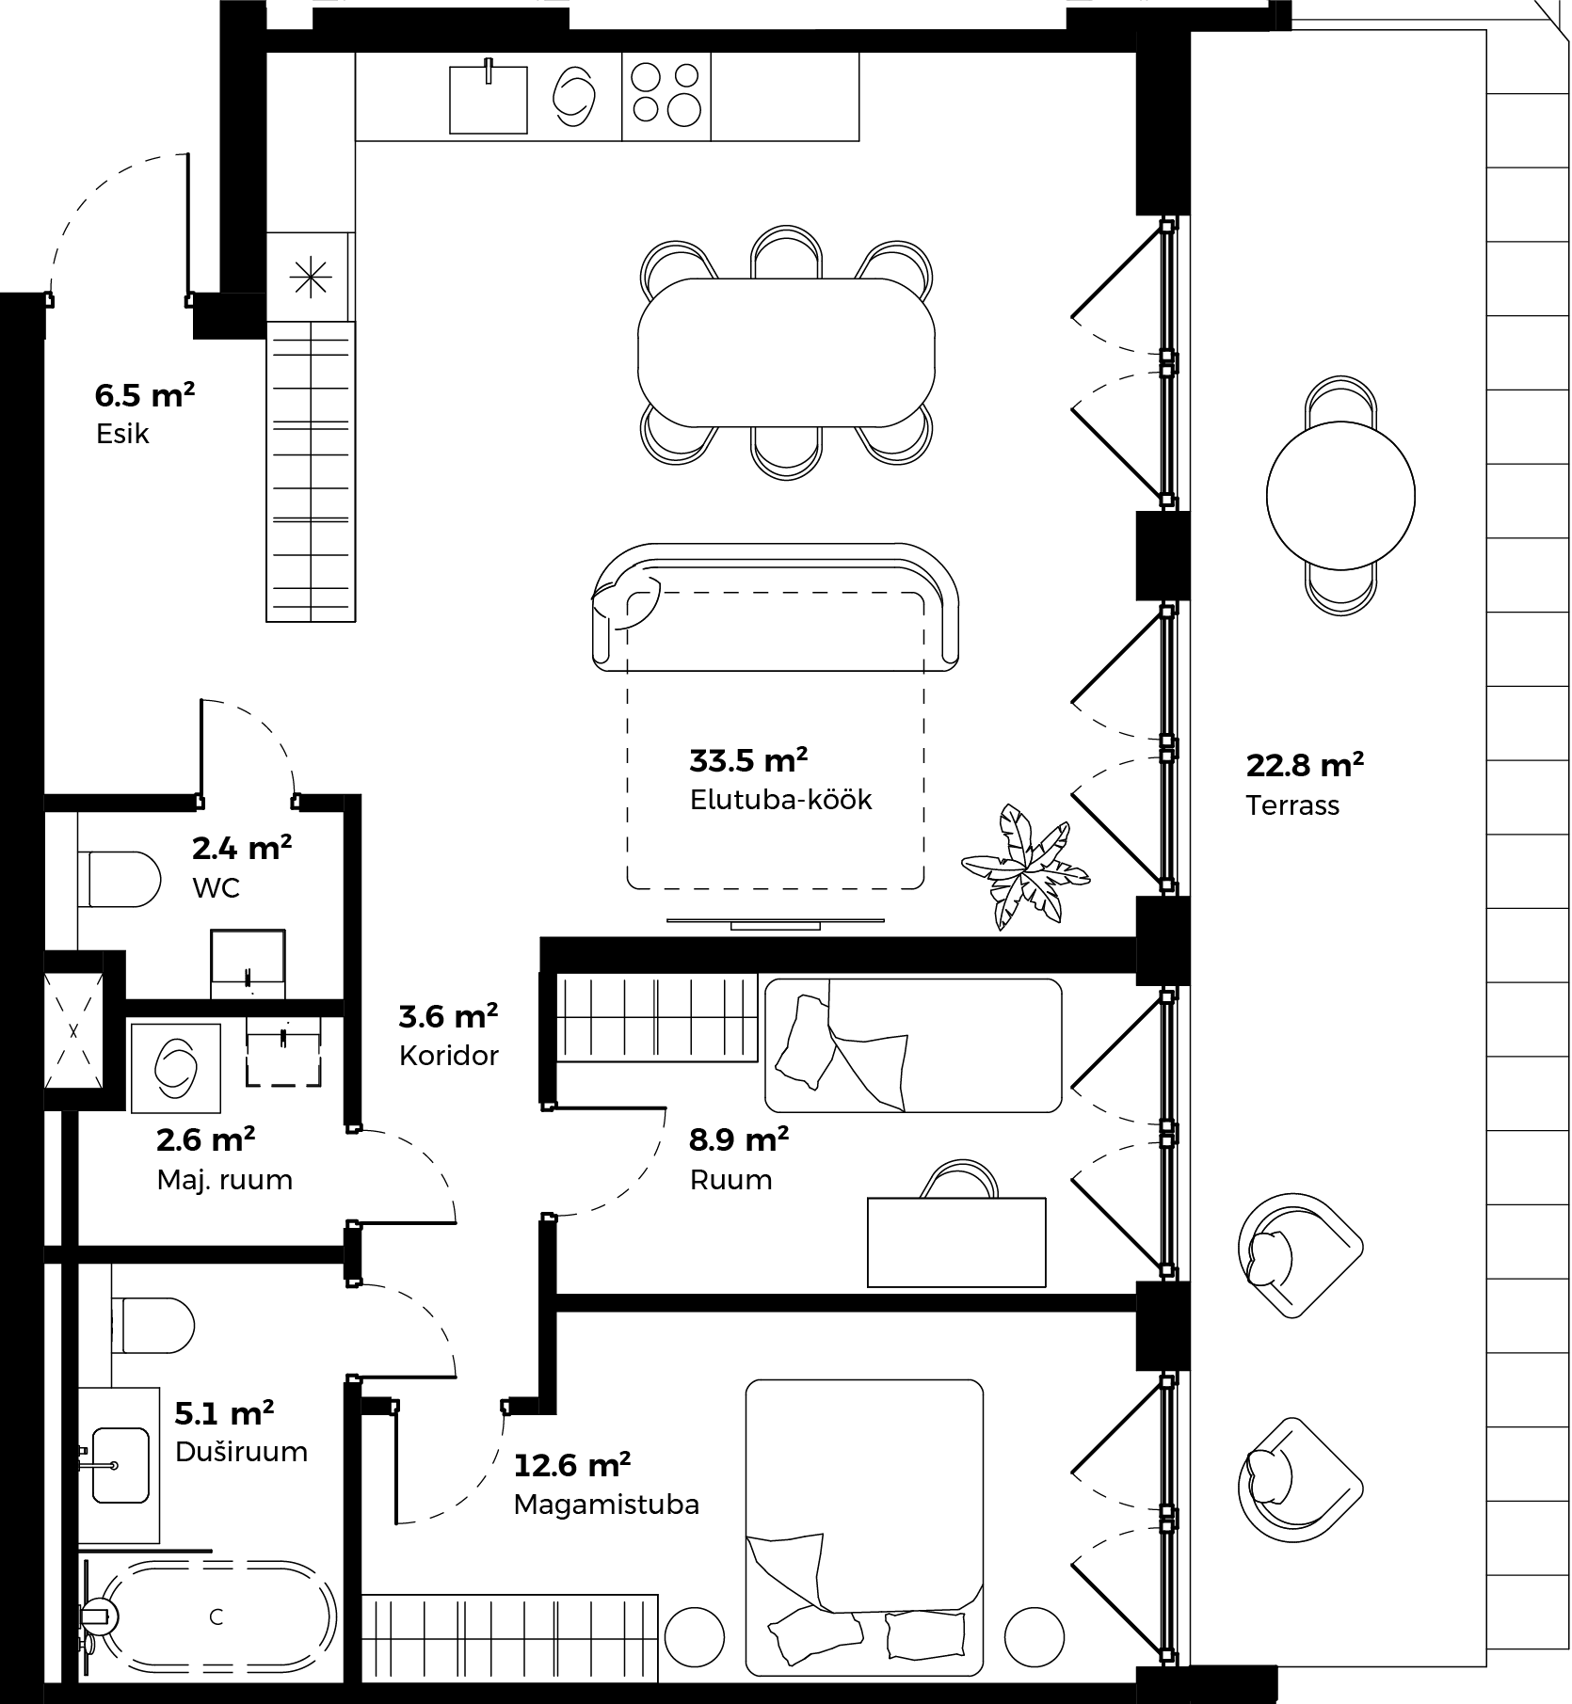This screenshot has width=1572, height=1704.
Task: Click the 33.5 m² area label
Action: [748, 758]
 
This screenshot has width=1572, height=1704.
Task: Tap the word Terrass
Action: [1292, 805]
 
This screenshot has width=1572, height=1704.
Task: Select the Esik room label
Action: [122, 434]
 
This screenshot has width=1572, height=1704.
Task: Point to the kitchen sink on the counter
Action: [488, 98]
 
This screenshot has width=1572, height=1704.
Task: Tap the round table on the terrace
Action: [1340, 495]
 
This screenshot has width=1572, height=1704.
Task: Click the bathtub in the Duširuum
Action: [217, 1616]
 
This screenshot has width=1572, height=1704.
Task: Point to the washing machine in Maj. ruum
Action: [176, 1068]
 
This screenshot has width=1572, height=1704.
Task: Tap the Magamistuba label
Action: [606, 1505]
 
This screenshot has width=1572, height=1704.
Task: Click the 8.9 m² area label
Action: [739, 1139]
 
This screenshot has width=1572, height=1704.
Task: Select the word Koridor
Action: [449, 1055]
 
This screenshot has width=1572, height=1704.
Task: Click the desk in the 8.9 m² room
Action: [956, 1242]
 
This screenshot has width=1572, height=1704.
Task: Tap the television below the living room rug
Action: [776, 922]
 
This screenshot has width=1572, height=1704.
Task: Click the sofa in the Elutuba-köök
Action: [776, 606]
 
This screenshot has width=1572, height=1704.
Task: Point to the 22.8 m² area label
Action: [1306, 765]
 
